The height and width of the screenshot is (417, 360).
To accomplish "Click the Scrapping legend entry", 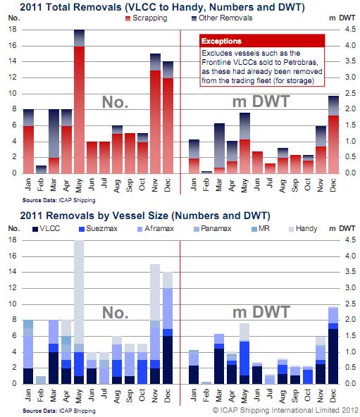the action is tap(147, 18).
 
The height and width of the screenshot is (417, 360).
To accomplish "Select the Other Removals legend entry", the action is tap(222, 18).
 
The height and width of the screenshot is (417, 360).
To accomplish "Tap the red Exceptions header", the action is tap(262, 41).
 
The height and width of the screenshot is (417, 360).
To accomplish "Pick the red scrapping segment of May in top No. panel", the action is tap(80, 110).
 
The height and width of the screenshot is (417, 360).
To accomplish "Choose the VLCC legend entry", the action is tap(46, 229).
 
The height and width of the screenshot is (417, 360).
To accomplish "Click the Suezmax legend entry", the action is tap(99, 229).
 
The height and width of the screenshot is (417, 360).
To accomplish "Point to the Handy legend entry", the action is tap(303, 229).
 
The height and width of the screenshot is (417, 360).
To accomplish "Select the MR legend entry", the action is tap(261, 229).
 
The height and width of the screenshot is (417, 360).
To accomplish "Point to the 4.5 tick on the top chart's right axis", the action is tap(350, 30).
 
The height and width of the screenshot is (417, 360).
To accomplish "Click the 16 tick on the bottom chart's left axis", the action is tap(13, 256).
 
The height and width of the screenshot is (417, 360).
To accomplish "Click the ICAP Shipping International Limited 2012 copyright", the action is tap(286, 411).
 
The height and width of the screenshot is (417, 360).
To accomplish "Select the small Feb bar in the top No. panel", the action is tap(42, 169).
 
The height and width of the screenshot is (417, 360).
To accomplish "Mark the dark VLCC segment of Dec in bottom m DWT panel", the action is tap(333, 356).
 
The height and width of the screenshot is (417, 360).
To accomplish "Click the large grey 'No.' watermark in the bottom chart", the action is tap(116, 313).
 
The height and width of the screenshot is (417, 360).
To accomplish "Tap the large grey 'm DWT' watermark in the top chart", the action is tap(261, 101).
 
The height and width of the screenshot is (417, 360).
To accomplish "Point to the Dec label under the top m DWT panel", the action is tap(333, 185).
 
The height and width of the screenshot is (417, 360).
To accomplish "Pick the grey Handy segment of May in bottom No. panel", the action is tap(79, 292).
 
